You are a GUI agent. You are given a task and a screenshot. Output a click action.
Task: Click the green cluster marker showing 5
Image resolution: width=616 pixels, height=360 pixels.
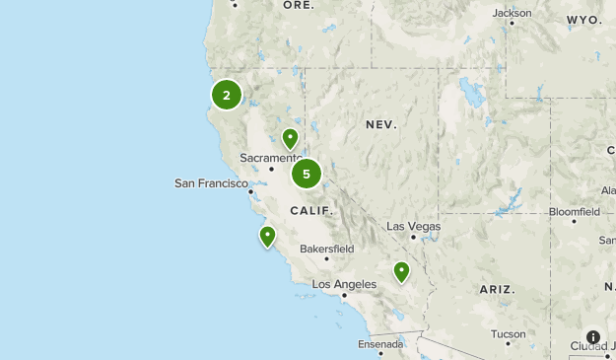307,174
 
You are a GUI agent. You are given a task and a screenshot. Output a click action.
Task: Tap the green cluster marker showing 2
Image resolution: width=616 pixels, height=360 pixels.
227,95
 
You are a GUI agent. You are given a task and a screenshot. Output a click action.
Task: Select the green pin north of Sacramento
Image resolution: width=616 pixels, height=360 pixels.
290,138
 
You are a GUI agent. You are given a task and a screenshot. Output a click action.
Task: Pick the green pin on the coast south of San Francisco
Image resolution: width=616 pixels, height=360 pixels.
267,236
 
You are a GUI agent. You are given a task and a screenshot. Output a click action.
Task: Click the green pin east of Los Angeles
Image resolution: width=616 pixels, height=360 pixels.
401,270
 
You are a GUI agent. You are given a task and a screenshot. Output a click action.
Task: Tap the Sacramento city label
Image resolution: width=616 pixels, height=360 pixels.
270,158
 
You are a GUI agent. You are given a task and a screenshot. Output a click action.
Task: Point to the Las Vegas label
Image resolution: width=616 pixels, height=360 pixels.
413,226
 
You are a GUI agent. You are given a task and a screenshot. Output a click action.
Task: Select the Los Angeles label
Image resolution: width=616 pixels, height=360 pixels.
344,284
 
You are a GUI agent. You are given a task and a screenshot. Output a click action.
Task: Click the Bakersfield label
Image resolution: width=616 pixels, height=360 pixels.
326,249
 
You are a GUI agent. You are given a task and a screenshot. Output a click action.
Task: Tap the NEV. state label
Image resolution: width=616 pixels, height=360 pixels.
380,125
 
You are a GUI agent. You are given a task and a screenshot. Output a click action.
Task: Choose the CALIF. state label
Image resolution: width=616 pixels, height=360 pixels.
311,211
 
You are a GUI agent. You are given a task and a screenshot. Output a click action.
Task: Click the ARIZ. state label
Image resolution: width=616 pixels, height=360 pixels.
497,289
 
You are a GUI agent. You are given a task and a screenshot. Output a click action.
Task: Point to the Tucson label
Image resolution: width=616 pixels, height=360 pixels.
508,333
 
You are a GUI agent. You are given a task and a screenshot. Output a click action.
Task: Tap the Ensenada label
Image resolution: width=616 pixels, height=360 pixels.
380,344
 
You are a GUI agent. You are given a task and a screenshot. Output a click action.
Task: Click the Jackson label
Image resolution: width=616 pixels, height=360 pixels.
512,13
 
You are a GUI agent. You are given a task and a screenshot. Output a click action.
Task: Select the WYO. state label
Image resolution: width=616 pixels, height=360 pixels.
584,20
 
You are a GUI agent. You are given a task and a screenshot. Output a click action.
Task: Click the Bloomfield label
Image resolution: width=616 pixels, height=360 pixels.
574,212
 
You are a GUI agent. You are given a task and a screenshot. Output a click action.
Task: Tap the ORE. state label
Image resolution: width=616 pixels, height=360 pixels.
299,5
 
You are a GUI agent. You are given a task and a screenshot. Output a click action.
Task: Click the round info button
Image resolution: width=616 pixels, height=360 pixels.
593,337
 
